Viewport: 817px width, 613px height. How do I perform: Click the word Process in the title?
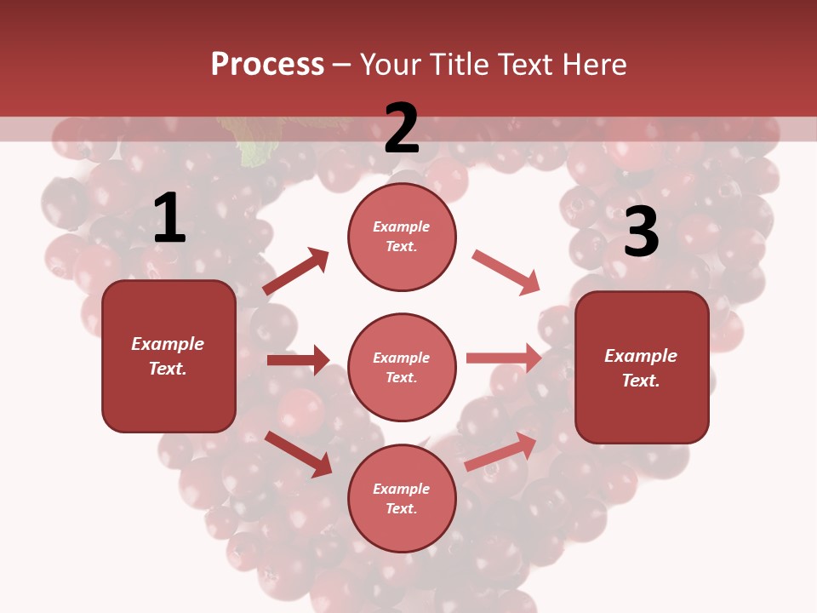[x=267, y=65]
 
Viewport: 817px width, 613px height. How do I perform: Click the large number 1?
[x=169, y=219]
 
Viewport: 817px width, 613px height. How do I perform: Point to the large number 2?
[x=402, y=129]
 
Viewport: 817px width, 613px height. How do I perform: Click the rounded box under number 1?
[x=169, y=356]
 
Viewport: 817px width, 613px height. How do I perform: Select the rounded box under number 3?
[x=642, y=367]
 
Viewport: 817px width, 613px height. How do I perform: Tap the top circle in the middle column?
[x=402, y=237]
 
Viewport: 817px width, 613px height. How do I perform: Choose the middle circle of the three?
[x=402, y=367]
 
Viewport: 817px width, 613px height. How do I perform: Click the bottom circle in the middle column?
[x=402, y=498]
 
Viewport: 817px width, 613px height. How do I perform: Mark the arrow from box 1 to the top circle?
[x=295, y=272]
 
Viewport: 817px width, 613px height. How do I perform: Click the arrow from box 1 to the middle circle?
[x=298, y=360]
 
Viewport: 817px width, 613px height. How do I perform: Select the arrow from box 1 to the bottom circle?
[x=298, y=454]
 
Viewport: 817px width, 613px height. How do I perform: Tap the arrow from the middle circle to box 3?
[x=504, y=358]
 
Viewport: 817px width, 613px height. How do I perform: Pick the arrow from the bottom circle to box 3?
[x=500, y=451]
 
